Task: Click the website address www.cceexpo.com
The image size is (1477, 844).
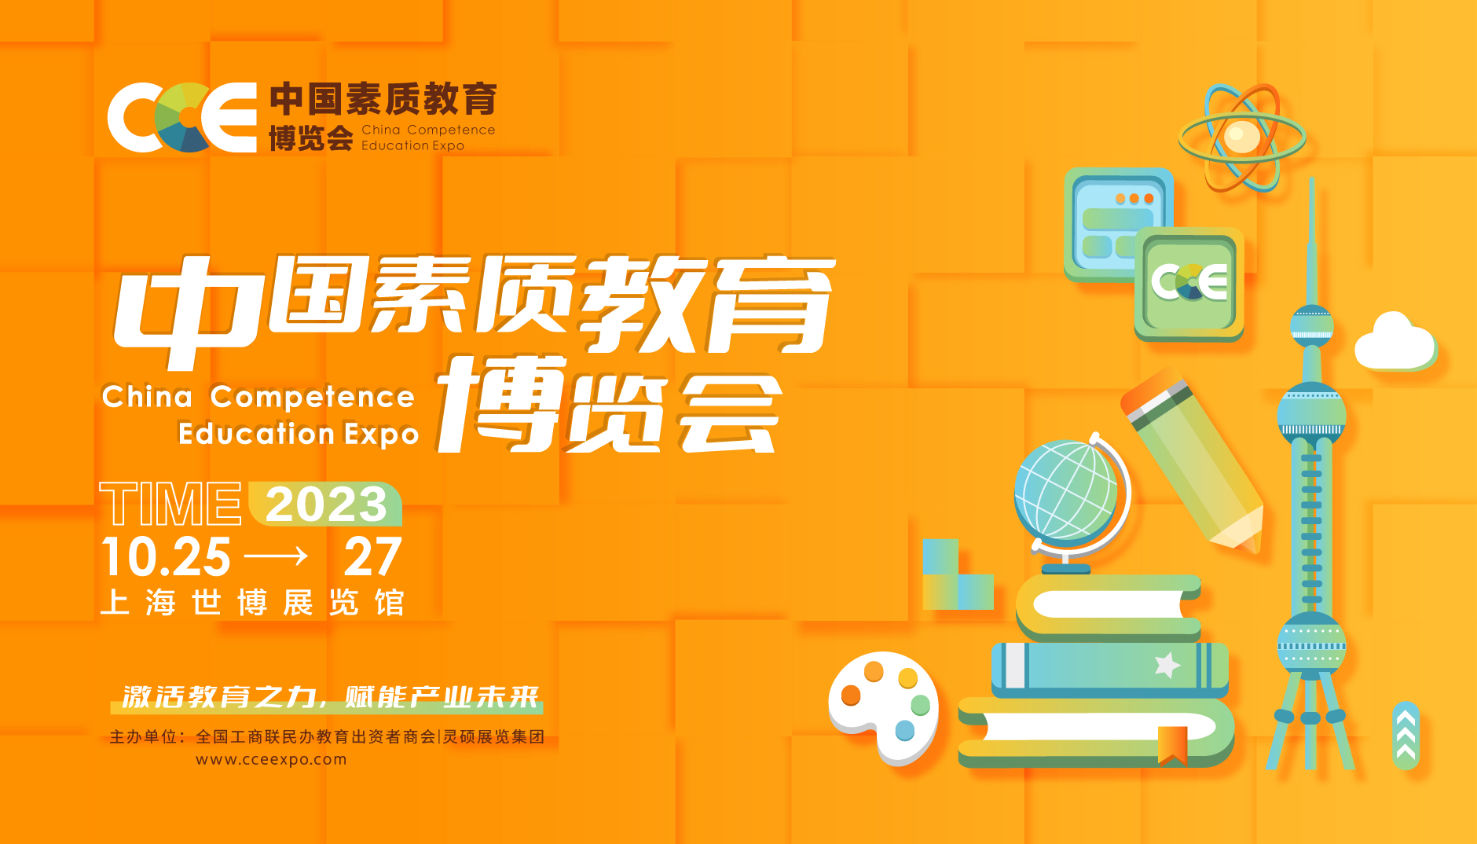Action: click(x=271, y=760)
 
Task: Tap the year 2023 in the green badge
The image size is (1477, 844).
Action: click(x=326, y=504)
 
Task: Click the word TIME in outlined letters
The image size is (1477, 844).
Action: click(x=170, y=504)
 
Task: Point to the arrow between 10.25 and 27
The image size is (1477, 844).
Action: click(x=276, y=557)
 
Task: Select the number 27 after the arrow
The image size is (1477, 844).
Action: click(x=373, y=557)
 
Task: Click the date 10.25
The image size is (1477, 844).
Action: click(x=166, y=557)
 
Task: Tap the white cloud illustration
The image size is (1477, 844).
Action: click(x=1395, y=343)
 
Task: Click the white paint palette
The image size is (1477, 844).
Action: click(x=884, y=706)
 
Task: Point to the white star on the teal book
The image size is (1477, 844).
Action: click(x=1167, y=665)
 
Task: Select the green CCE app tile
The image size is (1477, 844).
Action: click(x=1189, y=284)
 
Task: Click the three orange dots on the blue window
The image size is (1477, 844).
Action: click(x=1134, y=199)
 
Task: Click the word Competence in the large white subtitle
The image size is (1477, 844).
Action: click(x=312, y=397)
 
